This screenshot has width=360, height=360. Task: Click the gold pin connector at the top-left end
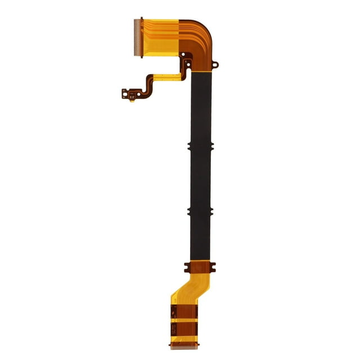pyautogui.click(x=137, y=37)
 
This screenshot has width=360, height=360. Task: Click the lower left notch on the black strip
pyautogui.click(x=190, y=211)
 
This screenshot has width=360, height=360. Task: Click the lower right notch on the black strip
pyautogui.click(x=211, y=211)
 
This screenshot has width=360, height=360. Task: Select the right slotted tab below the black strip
pyautogui.click(x=213, y=264)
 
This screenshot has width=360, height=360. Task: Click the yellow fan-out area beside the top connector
pyautogui.click(x=160, y=37)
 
